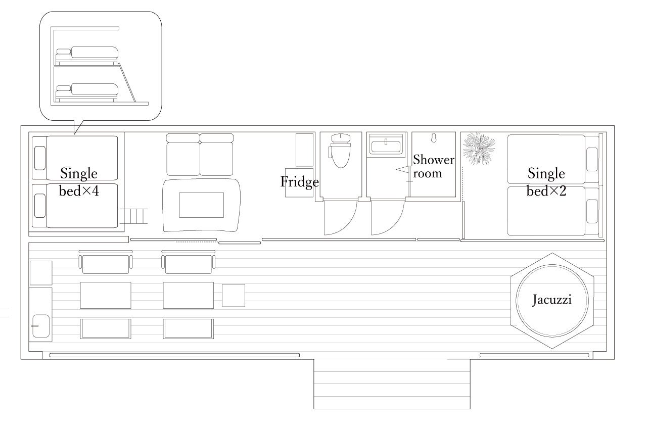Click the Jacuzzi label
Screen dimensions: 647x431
click(552, 300)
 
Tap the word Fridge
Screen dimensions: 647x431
click(300, 182)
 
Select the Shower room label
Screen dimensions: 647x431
click(433, 167)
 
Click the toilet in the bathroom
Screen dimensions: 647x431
click(340, 151)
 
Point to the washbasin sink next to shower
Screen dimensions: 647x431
click(386, 145)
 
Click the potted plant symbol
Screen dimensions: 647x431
click(479, 148)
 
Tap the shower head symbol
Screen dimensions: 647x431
click(433, 138)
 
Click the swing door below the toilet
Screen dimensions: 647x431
click(341, 217)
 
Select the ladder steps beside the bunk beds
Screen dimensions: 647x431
click(133, 216)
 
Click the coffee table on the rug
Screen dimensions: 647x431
click(201, 205)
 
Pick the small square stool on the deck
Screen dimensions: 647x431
click(234, 295)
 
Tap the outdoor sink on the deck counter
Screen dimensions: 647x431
click(41, 326)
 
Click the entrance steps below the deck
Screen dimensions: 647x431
click(392, 384)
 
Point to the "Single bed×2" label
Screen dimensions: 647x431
click(546, 182)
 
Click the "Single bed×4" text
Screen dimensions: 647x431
click(78, 182)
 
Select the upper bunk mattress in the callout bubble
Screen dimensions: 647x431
click(95, 52)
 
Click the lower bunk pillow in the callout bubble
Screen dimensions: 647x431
click(63, 88)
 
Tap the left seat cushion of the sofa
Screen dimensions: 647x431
click(183, 159)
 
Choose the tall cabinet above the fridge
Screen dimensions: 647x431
click(304, 150)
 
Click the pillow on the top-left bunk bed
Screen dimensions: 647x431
click(40, 158)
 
